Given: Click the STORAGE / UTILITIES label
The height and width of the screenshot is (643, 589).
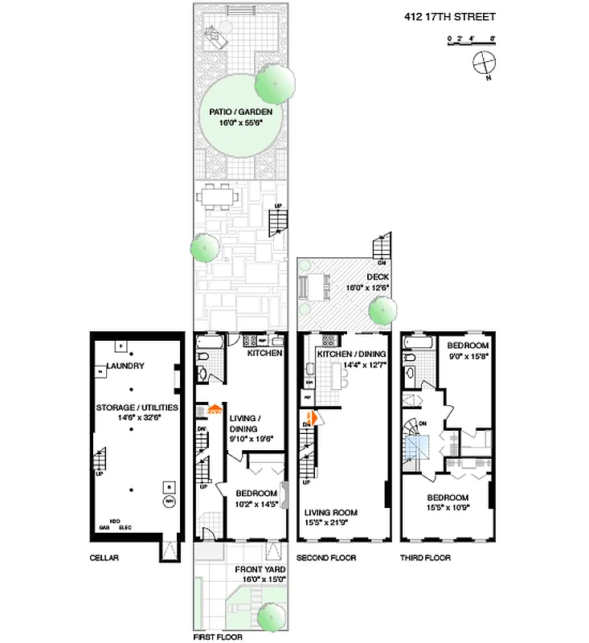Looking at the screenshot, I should (x=137, y=408).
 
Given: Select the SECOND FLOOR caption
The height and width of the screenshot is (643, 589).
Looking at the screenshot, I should (x=326, y=557).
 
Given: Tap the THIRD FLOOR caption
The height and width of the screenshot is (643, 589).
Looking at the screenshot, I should (x=425, y=557).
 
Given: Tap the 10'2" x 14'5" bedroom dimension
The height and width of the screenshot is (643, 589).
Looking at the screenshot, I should (x=256, y=504).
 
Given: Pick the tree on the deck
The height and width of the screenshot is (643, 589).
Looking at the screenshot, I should (x=382, y=310).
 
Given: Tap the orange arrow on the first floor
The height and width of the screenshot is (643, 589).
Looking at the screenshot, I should (x=214, y=408).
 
